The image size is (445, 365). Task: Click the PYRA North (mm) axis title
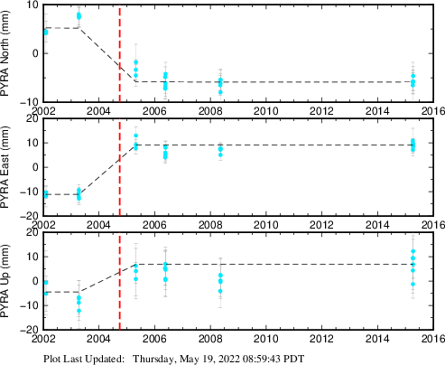[x=5, y=53]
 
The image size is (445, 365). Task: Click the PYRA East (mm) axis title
[x=5, y=167]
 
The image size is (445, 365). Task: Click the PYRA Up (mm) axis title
[x=5, y=281]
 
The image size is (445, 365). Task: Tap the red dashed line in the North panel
[x=120, y=53]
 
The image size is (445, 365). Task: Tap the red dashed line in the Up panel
[x=120, y=281]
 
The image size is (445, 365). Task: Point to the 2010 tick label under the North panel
[x=266, y=111]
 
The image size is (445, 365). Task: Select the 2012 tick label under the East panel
[x=321, y=225]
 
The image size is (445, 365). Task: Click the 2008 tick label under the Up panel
[x=210, y=339]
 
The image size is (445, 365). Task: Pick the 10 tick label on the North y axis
[x=33, y=5]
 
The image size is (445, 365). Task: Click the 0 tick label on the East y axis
[x=35, y=167]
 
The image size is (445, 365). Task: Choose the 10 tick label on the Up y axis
[x=33, y=257]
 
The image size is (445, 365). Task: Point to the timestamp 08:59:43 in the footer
[x=264, y=359]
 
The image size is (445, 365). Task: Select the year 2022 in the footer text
[x=229, y=359]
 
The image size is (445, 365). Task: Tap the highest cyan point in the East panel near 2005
[x=136, y=136]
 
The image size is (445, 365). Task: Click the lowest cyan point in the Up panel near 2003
[x=79, y=311]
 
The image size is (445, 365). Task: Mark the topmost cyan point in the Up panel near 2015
[x=413, y=251]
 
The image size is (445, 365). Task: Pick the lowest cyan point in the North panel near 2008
[x=220, y=92]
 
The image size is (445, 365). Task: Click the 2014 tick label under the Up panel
[x=377, y=339]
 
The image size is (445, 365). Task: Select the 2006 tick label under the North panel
[x=154, y=111]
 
